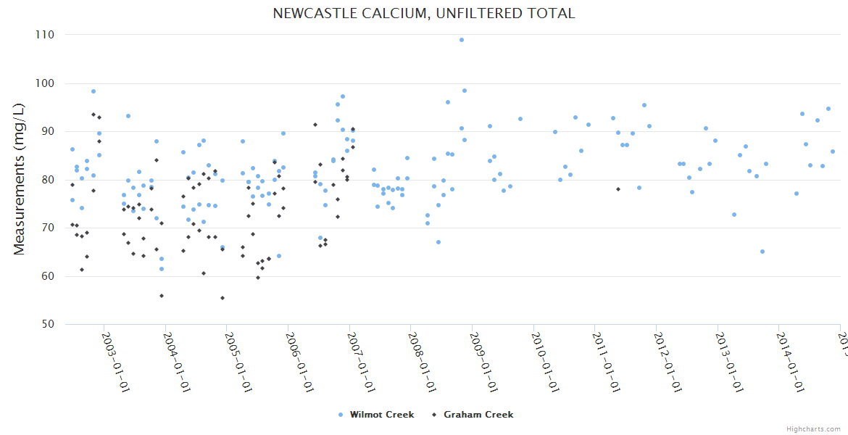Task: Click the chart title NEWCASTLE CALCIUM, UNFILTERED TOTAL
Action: [423, 14]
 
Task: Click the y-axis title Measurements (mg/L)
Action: [20, 178]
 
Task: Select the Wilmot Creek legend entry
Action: [381, 415]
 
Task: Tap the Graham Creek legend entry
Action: [478, 415]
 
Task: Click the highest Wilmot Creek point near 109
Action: [462, 40]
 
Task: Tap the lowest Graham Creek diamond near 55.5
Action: [223, 298]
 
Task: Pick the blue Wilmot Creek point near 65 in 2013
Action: [762, 252]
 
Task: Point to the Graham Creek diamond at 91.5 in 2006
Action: [315, 125]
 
